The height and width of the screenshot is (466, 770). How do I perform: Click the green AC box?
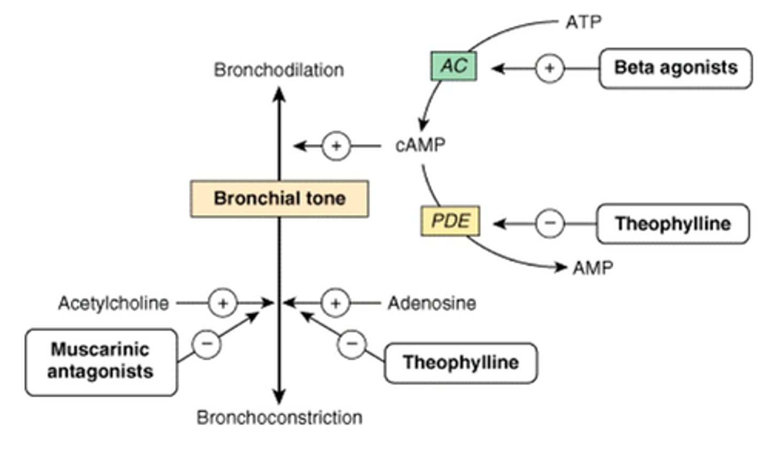click(x=453, y=66)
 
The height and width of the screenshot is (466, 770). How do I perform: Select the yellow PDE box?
click(x=450, y=221)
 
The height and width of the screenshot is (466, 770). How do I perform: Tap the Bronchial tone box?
click(x=279, y=199)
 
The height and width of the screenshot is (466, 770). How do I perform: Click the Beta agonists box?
click(x=675, y=68)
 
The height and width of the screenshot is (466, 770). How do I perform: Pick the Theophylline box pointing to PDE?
click(x=673, y=223)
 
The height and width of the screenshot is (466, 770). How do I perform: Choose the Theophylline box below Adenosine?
click(x=460, y=363)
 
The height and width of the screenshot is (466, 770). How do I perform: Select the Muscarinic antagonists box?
click(x=101, y=362)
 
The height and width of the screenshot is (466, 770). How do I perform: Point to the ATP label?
click(x=583, y=22)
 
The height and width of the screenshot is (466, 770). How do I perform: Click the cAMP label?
click(x=420, y=145)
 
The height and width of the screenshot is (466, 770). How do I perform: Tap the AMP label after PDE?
click(x=592, y=267)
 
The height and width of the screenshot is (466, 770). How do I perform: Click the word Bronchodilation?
click(x=279, y=70)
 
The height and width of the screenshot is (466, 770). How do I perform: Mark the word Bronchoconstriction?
click(x=279, y=417)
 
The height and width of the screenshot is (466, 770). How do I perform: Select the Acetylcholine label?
click(x=113, y=304)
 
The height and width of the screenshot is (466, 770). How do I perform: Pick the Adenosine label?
click(x=432, y=304)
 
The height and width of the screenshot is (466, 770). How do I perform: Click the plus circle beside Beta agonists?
click(x=549, y=68)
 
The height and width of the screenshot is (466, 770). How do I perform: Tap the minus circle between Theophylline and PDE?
click(x=550, y=223)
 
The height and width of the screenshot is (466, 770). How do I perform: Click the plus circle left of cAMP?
click(x=336, y=146)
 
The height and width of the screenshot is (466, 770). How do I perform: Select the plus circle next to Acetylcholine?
click(x=222, y=304)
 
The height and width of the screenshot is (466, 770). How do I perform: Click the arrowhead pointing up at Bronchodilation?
click(x=279, y=94)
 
